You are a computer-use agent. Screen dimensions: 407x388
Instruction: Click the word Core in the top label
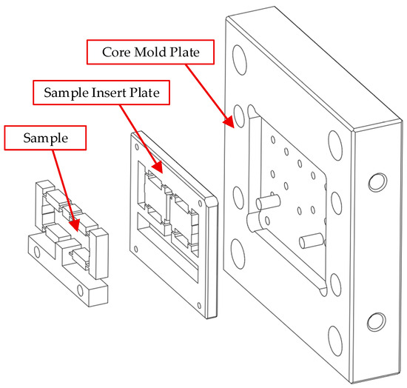pyautogui.click(x=115, y=52)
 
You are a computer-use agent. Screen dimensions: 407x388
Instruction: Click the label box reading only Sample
pyautogui.click(x=45, y=138)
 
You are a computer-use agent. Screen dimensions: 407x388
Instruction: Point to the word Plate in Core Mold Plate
pyautogui.click(x=185, y=52)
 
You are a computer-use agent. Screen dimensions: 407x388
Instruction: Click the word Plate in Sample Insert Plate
pyautogui.click(x=144, y=93)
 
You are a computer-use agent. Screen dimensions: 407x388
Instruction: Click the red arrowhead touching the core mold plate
pyautogui.click(x=229, y=121)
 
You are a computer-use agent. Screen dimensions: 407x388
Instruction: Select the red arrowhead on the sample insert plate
pyautogui.click(x=158, y=167)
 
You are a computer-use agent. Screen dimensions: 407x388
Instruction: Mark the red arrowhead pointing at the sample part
pyautogui.click(x=74, y=225)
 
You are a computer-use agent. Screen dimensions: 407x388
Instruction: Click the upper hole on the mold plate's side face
pyautogui.click(x=377, y=182)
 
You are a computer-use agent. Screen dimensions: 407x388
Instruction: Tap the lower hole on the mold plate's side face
pyautogui.click(x=377, y=322)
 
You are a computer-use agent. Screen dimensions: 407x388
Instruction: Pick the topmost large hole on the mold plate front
pyautogui.click(x=240, y=60)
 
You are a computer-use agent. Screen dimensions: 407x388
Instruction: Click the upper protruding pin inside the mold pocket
pyautogui.click(x=269, y=202)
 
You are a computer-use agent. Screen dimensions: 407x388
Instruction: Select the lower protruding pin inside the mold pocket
pyautogui.click(x=312, y=241)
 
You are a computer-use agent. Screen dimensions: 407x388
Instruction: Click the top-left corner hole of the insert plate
pyautogui.click(x=137, y=147)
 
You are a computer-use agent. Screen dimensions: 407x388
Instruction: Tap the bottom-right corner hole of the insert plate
pyautogui.click(x=199, y=305)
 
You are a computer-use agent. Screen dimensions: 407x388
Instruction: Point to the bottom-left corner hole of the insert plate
pyautogui.click(x=135, y=249)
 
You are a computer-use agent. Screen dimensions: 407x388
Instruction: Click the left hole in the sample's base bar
pyautogui.click(x=37, y=252)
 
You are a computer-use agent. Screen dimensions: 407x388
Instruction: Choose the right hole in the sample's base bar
pyautogui.click(x=81, y=290)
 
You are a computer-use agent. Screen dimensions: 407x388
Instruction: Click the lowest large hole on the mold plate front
pyautogui.click(x=335, y=341)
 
